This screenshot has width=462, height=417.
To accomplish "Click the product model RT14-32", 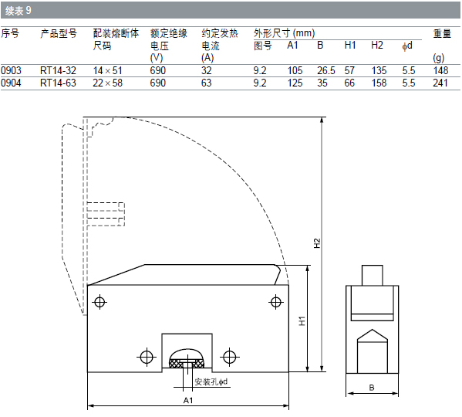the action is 58,71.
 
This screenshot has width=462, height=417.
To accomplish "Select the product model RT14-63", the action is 58,83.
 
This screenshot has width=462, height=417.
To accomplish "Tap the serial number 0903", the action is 11,71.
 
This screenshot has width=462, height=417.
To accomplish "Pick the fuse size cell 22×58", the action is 107,83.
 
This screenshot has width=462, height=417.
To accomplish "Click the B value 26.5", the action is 326,71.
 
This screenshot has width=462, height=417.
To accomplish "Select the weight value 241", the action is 440,83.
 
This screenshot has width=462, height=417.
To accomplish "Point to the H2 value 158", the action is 379,83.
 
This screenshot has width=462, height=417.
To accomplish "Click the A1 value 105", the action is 295,71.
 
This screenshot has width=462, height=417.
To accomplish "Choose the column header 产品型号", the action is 59,34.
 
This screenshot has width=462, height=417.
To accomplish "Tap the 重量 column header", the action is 442,34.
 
